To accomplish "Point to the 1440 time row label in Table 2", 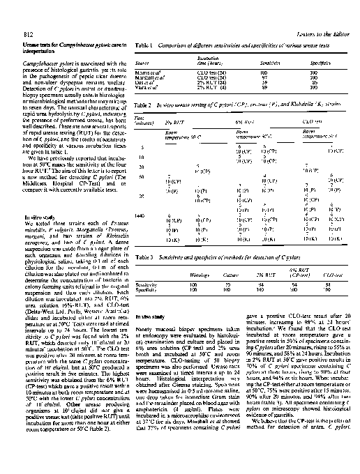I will click(x=140, y=216).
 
